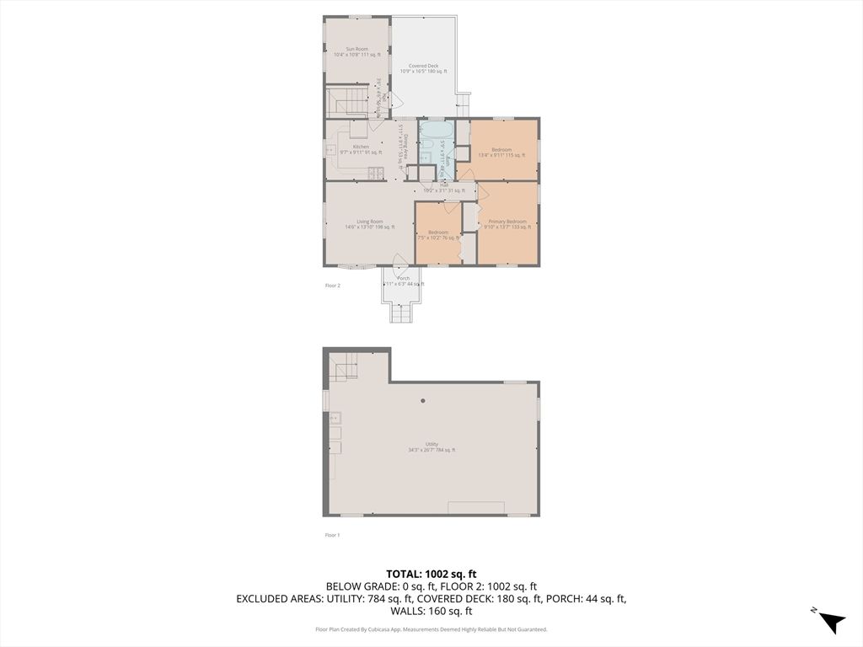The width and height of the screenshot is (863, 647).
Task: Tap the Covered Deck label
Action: [423, 68]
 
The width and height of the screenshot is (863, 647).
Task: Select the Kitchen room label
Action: [361, 149]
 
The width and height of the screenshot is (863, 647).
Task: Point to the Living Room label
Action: [369, 224]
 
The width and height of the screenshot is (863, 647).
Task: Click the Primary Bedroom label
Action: [507, 224]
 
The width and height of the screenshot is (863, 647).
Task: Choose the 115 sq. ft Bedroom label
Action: [501, 152]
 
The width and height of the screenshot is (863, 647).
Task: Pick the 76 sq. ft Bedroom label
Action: [437, 235]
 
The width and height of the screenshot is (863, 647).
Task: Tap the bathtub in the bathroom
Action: [436, 132]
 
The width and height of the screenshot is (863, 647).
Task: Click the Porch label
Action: [403, 281]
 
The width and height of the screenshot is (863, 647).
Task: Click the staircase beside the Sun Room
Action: [347, 104]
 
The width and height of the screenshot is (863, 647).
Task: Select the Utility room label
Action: [431, 446]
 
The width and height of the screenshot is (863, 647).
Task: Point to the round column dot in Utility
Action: [423, 400]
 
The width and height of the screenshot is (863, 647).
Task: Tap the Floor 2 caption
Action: [333, 286]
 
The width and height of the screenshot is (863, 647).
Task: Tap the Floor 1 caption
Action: [332, 535]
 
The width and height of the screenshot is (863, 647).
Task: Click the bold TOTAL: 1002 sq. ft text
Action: [431, 574]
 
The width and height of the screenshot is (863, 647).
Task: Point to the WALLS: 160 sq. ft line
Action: [431, 612]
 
